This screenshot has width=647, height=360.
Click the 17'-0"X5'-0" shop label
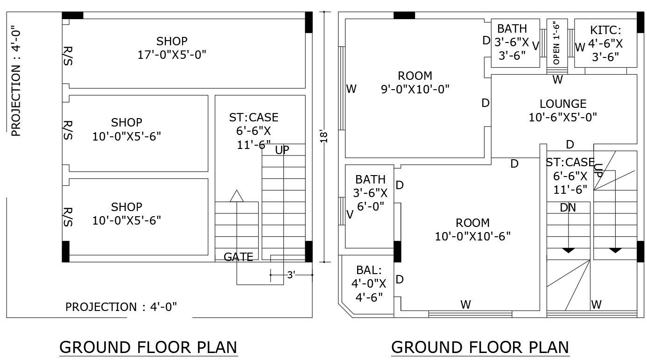pos(172,48)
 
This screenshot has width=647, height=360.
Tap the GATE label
pos(238,257)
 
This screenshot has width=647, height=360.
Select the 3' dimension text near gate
pos(291,275)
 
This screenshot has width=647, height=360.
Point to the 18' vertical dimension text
pos(325,136)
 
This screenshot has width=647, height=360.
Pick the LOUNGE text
pos(563,104)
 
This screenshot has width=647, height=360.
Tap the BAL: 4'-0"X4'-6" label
pos(369,283)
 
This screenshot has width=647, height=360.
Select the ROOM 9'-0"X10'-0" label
pos(415,82)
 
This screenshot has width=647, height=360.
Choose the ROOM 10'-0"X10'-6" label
pos(472,229)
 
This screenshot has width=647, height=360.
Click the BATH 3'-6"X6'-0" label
pos(371,192)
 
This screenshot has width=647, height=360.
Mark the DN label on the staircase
pos(568,208)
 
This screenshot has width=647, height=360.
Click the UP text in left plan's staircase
pos(282,150)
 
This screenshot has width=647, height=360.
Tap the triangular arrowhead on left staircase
pos(237,197)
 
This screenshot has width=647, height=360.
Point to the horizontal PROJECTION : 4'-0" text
pos(121,307)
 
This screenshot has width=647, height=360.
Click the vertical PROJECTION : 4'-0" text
pos(16,81)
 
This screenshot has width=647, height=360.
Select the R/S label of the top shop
pos(68,56)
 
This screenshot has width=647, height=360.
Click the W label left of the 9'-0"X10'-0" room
pos(352,89)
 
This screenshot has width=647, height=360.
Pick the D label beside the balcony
pos(400,279)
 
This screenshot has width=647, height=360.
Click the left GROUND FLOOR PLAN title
pos(148,347)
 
